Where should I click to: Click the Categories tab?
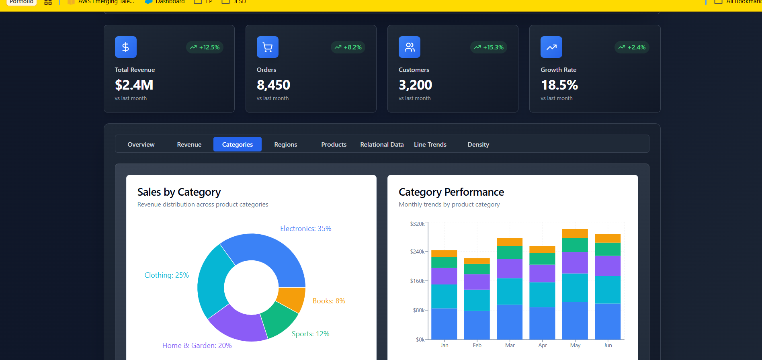click(237, 144)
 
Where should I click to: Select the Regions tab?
click(285, 144)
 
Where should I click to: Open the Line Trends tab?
click(430, 144)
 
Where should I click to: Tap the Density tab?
click(478, 144)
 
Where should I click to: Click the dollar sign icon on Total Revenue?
click(125, 47)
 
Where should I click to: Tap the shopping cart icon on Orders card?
click(267, 47)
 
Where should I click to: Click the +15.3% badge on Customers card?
click(489, 47)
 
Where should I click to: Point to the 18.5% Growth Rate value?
click(559, 85)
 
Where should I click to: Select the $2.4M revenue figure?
click(134, 85)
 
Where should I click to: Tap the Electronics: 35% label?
click(305, 228)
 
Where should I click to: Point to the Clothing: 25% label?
click(166, 275)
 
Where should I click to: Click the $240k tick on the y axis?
click(417, 252)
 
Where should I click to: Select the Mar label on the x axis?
click(510, 345)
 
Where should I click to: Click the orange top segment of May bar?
click(575, 233)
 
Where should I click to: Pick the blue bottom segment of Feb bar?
click(477, 325)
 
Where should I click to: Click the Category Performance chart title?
click(451, 192)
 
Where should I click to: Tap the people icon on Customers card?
click(409, 47)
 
